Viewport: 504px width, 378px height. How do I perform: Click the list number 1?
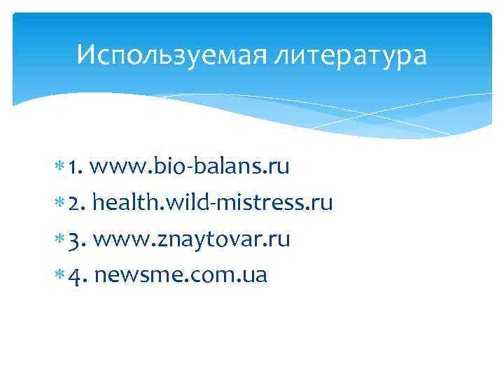[x=76, y=168]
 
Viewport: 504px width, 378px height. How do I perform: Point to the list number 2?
[x=77, y=204]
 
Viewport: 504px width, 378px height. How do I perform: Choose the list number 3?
[x=76, y=241]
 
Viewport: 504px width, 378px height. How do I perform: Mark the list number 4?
[x=77, y=276]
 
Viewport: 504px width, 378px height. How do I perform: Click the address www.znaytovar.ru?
[x=191, y=240]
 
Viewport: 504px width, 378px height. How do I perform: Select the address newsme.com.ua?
[x=180, y=276]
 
